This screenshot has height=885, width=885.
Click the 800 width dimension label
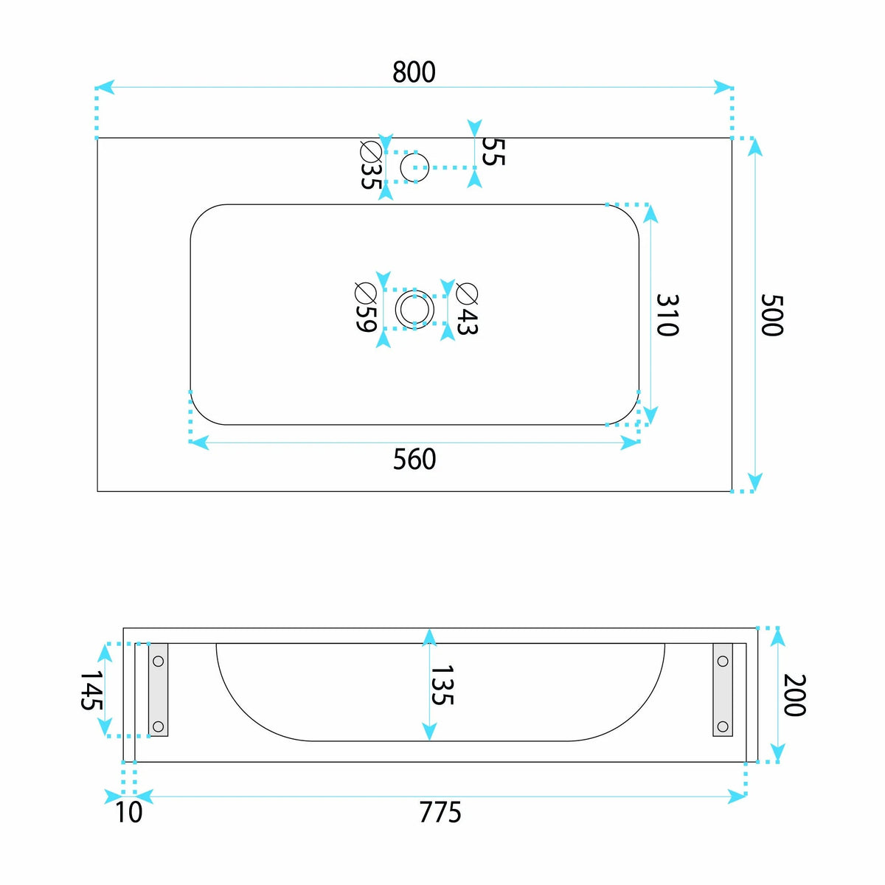[414, 72]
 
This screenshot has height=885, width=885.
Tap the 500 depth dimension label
[771, 315]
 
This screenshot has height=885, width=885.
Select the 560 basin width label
[414, 459]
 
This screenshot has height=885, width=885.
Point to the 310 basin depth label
[667, 315]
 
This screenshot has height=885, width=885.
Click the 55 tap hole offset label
[493, 152]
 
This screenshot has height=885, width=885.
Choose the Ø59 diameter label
[366, 308]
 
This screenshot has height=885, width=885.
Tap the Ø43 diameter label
[467, 309]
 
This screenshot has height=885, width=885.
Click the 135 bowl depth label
[442, 684]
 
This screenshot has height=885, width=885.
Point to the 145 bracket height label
[91, 691]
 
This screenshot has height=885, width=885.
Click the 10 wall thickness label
[128, 812]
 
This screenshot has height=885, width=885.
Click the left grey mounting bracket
[158, 690]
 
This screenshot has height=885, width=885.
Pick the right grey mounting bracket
[723, 690]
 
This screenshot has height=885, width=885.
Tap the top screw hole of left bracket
[158, 662]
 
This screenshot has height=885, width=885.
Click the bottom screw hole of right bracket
[723, 726]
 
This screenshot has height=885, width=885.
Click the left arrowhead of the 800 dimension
[105, 87]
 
